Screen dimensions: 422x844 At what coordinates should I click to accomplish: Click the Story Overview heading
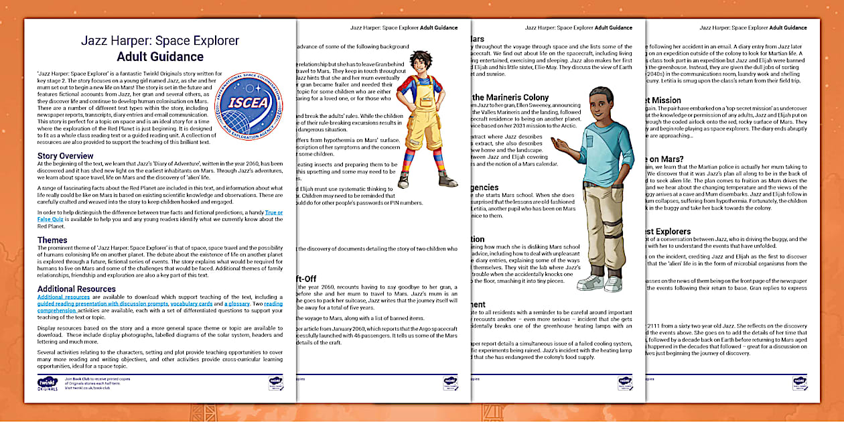click(66, 156)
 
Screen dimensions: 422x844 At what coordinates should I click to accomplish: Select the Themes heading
click(52, 240)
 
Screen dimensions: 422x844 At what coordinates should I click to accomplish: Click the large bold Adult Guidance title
click(159, 56)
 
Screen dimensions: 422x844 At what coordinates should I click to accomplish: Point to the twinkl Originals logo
click(48, 383)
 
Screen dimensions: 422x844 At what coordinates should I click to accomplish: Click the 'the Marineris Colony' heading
click(510, 97)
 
